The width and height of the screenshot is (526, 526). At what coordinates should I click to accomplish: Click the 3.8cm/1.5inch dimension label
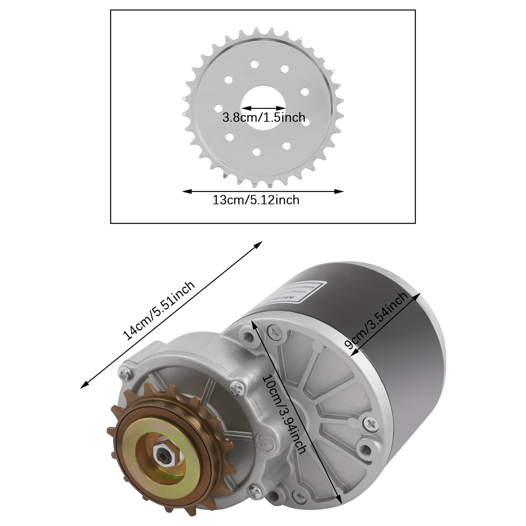coord(263,118)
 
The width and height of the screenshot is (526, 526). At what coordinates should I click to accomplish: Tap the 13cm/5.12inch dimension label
coord(256,200)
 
